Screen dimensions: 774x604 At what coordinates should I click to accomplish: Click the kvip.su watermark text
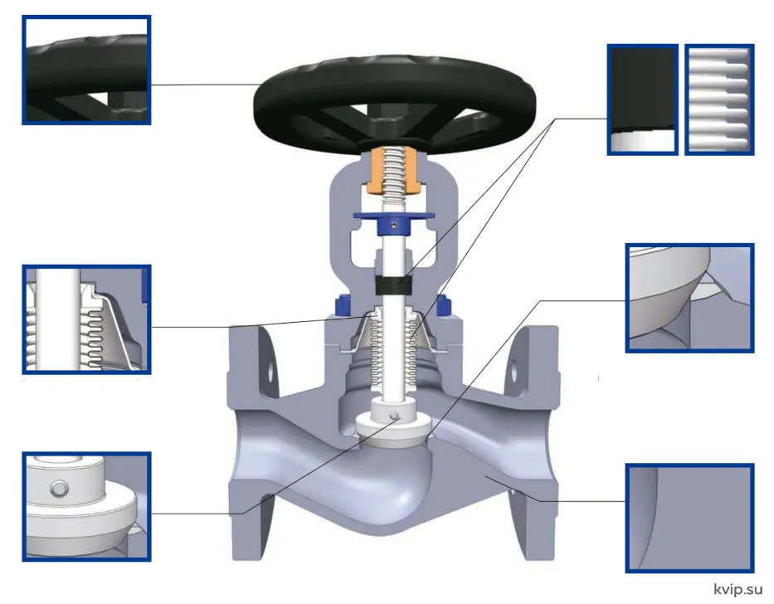pos(738,589)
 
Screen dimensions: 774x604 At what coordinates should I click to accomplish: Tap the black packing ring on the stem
pos(393,285)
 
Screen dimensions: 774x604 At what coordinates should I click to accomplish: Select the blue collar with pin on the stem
pos(393,224)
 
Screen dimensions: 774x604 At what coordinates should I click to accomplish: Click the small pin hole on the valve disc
pos(394,416)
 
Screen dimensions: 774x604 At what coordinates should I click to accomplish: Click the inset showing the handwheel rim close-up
pos(86,71)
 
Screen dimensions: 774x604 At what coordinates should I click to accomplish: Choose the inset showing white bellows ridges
pos(719,100)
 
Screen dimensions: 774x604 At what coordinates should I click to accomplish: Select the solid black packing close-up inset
pos(643,100)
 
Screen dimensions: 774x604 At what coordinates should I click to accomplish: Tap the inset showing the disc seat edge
pos(689,298)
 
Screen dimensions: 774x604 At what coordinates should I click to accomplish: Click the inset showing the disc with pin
pos(86,506)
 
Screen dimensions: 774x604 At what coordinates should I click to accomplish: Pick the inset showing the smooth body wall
pos(689,518)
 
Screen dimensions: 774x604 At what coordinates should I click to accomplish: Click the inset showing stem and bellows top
pos(86,319)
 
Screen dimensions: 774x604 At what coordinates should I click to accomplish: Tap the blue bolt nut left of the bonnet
pos(342,305)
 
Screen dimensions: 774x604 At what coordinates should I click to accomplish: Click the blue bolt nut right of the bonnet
pos(443,305)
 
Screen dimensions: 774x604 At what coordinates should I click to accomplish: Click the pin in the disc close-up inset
pos(59,489)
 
